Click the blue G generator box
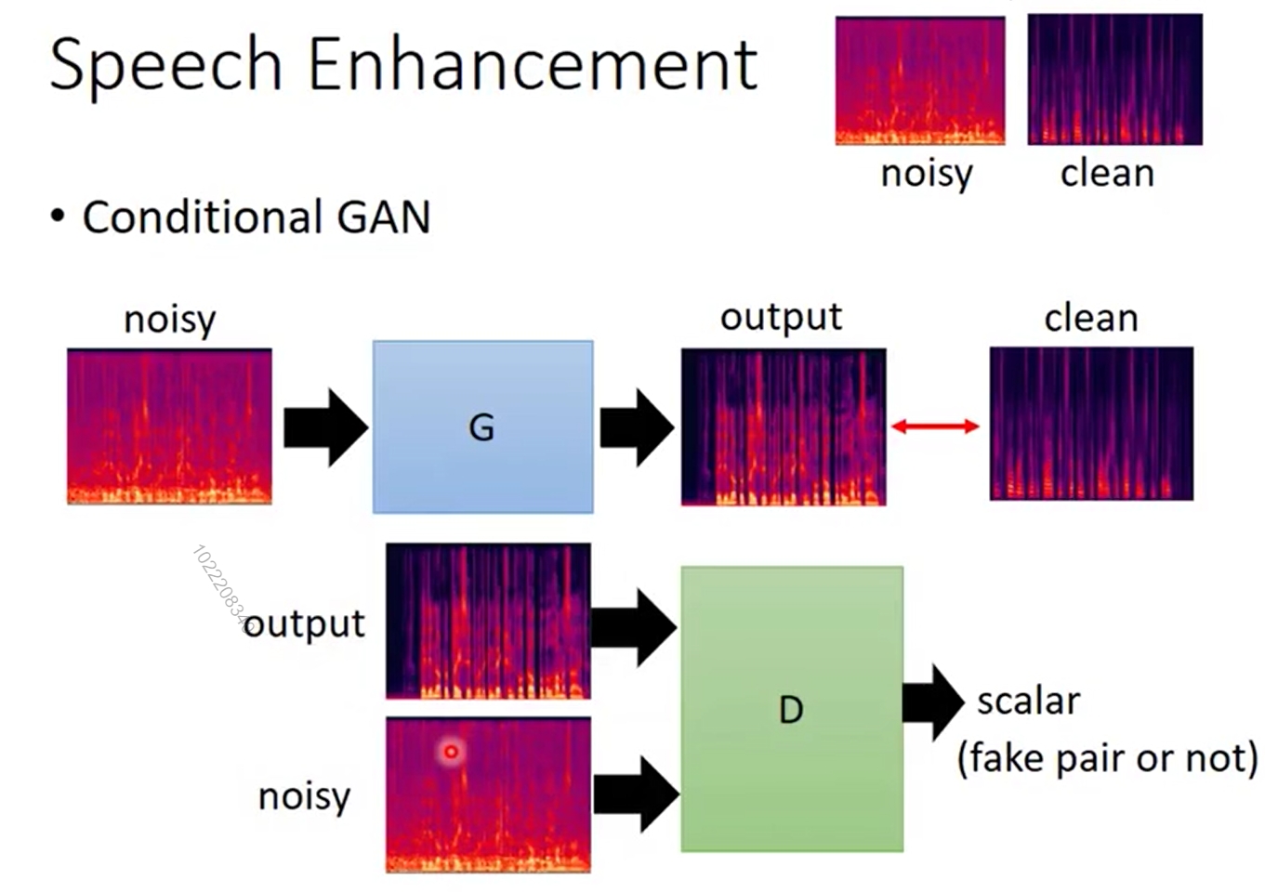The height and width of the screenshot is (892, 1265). click(x=482, y=426)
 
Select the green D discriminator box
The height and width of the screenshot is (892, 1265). click(x=791, y=709)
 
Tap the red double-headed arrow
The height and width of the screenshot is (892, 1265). click(x=935, y=426)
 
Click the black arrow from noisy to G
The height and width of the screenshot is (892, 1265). click(x=325, y=427)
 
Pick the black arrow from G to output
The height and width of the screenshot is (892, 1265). click(x=637, y=427)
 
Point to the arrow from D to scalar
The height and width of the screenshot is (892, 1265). click(x=932, y=702)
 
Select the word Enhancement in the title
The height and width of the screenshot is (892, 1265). click(x=533, y=65)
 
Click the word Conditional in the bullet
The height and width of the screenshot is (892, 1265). click(x=202, y=217)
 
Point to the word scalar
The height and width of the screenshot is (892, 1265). click(x=1028, y=702)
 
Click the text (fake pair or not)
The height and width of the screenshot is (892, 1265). click(x=1107, y=758)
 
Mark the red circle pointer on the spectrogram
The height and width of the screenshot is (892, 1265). click(x=452, y=752)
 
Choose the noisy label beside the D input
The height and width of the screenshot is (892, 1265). click(x=304, y=796)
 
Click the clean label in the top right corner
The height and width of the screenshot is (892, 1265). click(x=1107, y=173)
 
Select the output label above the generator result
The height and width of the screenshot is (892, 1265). click(x=781, y=318)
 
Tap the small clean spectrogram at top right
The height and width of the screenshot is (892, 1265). click(x=1114, y=80)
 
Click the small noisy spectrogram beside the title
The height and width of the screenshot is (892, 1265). click(x=919, y=81)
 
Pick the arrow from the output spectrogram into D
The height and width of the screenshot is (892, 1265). click(x=633, y=627)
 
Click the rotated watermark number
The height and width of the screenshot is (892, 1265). click(x=221, y=588)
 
